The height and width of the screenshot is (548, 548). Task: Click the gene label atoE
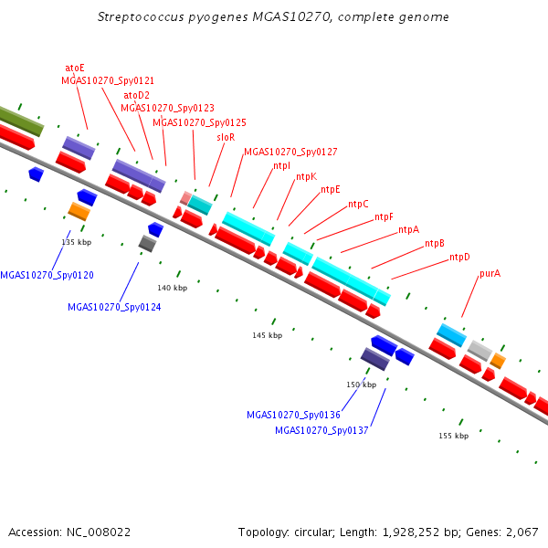pyautogui.click(x=75, y=68)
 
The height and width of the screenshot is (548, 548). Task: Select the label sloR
pyautogui.click(x=226, y=137)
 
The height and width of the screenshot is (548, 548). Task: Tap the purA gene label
pyautogui.click(x=490, y=274)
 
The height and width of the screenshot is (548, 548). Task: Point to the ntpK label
pyautogui.click(x=307, y=177)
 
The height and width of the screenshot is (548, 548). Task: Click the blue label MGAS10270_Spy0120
pyautogui.click(x=47, y=275)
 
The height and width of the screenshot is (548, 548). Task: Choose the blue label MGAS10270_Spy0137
pyautogui.click(x=321, y=430)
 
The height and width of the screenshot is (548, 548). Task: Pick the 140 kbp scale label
pyautogui.click(x=173, y=288)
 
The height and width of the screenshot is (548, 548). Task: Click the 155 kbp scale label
pyautogui.click(x=454, y=436)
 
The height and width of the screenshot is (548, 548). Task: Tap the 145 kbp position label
pyautogui.click(x=268, y=335)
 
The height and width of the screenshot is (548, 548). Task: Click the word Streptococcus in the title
pyautogui.click(x=141, y=17)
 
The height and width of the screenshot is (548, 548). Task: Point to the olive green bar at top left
pyautogui.click(x=21, y=121)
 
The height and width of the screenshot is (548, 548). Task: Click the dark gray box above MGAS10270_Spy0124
pyautogui.click(x=147, y=244)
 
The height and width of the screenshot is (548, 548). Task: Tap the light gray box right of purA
pyautogui.click(x=479, y=351)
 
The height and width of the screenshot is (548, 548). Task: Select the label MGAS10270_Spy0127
pyautogui.click(x=290, y=152)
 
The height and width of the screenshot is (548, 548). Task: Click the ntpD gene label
pyautogui.click(x=459, y=258)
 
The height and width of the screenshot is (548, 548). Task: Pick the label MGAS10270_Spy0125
pyautogui.click(x=199, y=122)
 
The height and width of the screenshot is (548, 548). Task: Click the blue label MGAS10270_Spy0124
pyautogui.click(x=114, y=307)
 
